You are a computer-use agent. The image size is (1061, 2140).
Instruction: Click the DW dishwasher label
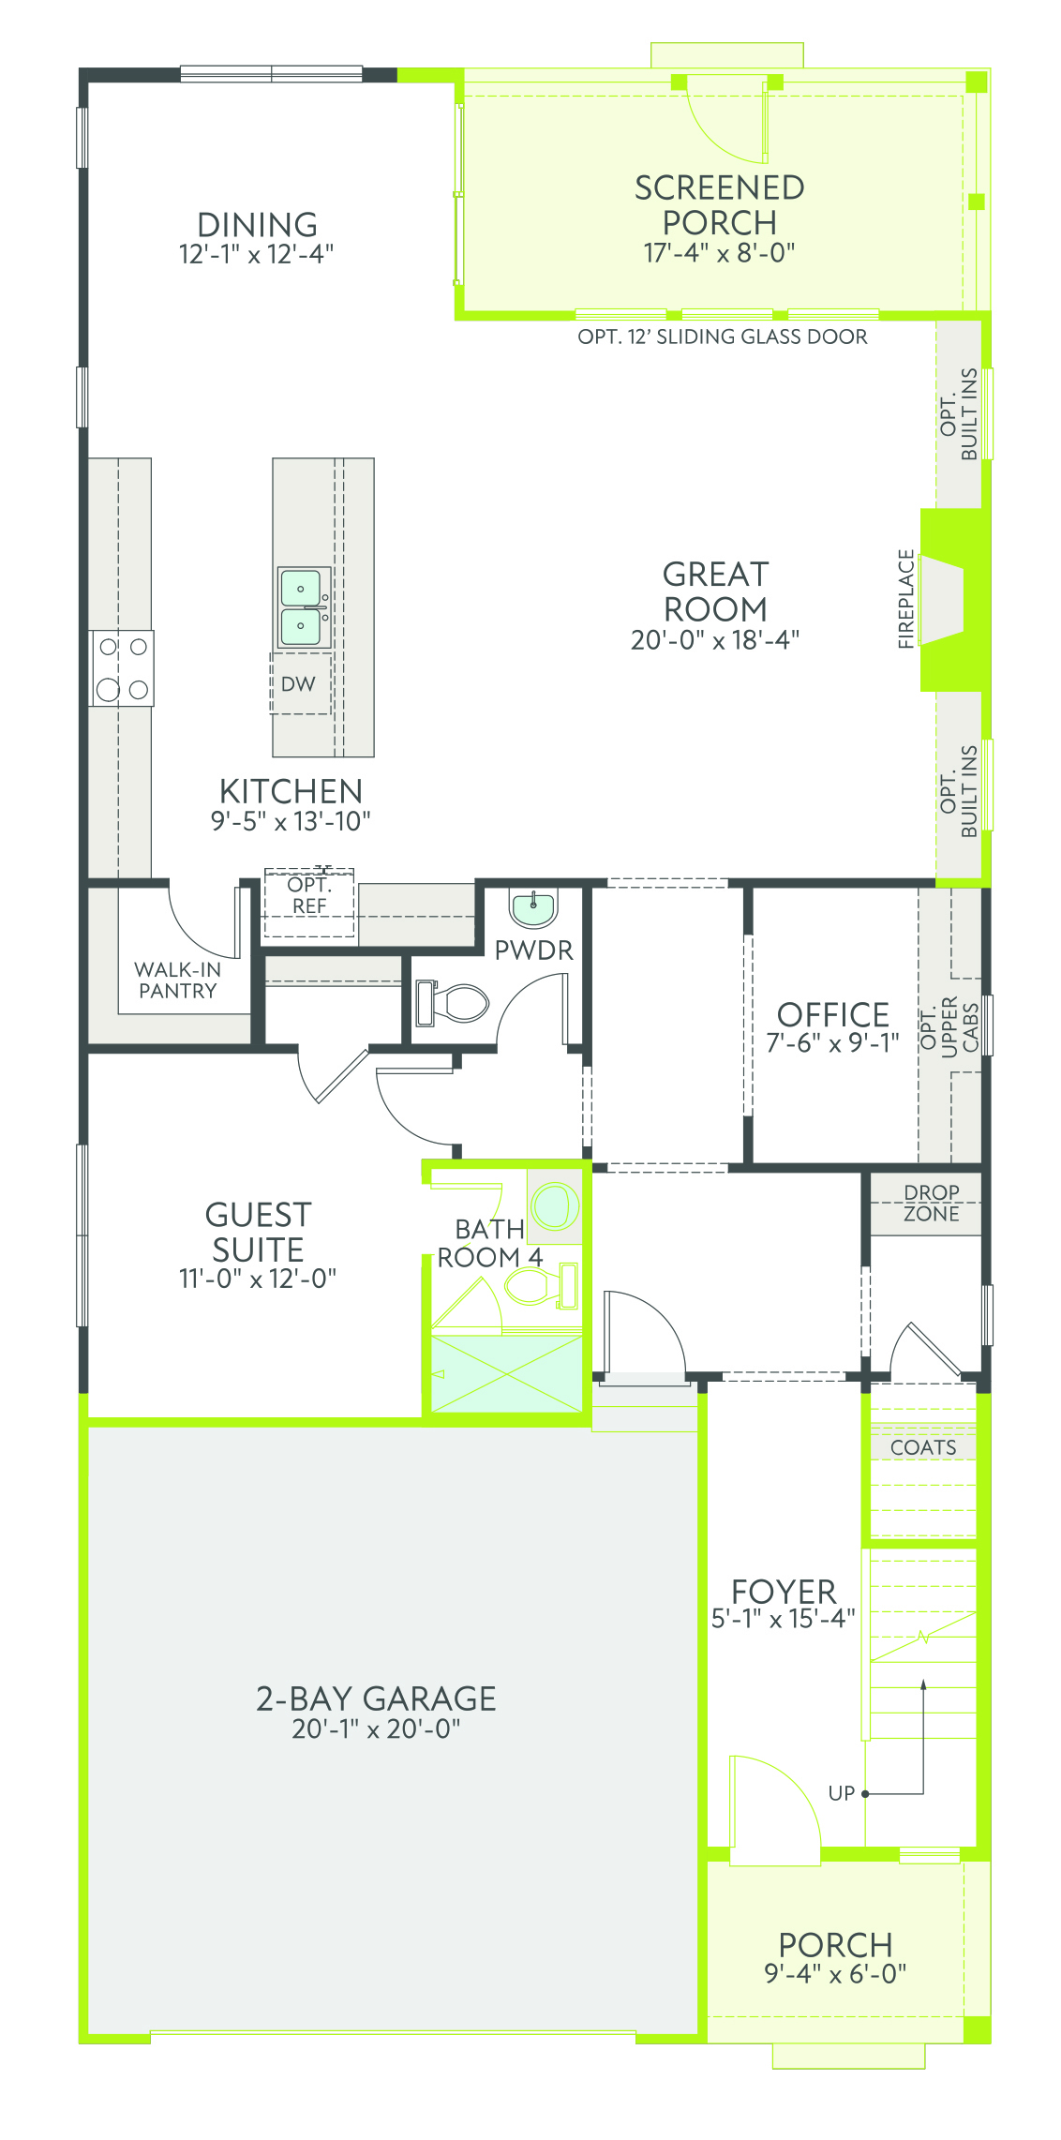click(x=298, y=684)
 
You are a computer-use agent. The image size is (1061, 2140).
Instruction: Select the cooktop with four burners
click(x=122, y=667)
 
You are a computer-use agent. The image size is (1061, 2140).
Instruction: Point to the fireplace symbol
click(x=942, y=600)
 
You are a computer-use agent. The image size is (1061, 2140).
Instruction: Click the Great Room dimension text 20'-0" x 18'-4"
click(x=715, y=640)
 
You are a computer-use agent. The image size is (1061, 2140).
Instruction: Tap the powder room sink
click(x=533, y=907)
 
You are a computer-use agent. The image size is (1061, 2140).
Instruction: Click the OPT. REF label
click(x=309, y=895)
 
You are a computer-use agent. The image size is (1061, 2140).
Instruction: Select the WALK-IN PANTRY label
click(x=177, y=980)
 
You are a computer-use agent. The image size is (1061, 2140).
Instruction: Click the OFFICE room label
click(x=833, y=1014)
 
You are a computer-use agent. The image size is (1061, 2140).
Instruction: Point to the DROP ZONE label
click(x=932, y=1203)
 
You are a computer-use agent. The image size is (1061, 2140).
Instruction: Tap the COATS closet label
click(x=923, y=1447)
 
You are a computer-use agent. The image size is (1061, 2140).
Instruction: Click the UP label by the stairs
click(x=841, y=1793)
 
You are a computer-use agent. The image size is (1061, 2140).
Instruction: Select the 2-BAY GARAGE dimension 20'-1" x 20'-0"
click(x=376, y=1729)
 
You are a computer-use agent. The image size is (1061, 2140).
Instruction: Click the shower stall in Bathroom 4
click(x=507, y=1373)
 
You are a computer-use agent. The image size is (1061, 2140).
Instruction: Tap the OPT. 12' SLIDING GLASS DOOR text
click(x=723, y=337)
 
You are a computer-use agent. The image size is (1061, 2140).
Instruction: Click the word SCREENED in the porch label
click(x=720, y=188)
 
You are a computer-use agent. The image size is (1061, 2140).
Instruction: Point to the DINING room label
click(x=257, y=225)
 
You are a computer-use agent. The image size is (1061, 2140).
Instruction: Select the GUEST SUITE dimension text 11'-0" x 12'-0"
click(x=258, y=1279)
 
